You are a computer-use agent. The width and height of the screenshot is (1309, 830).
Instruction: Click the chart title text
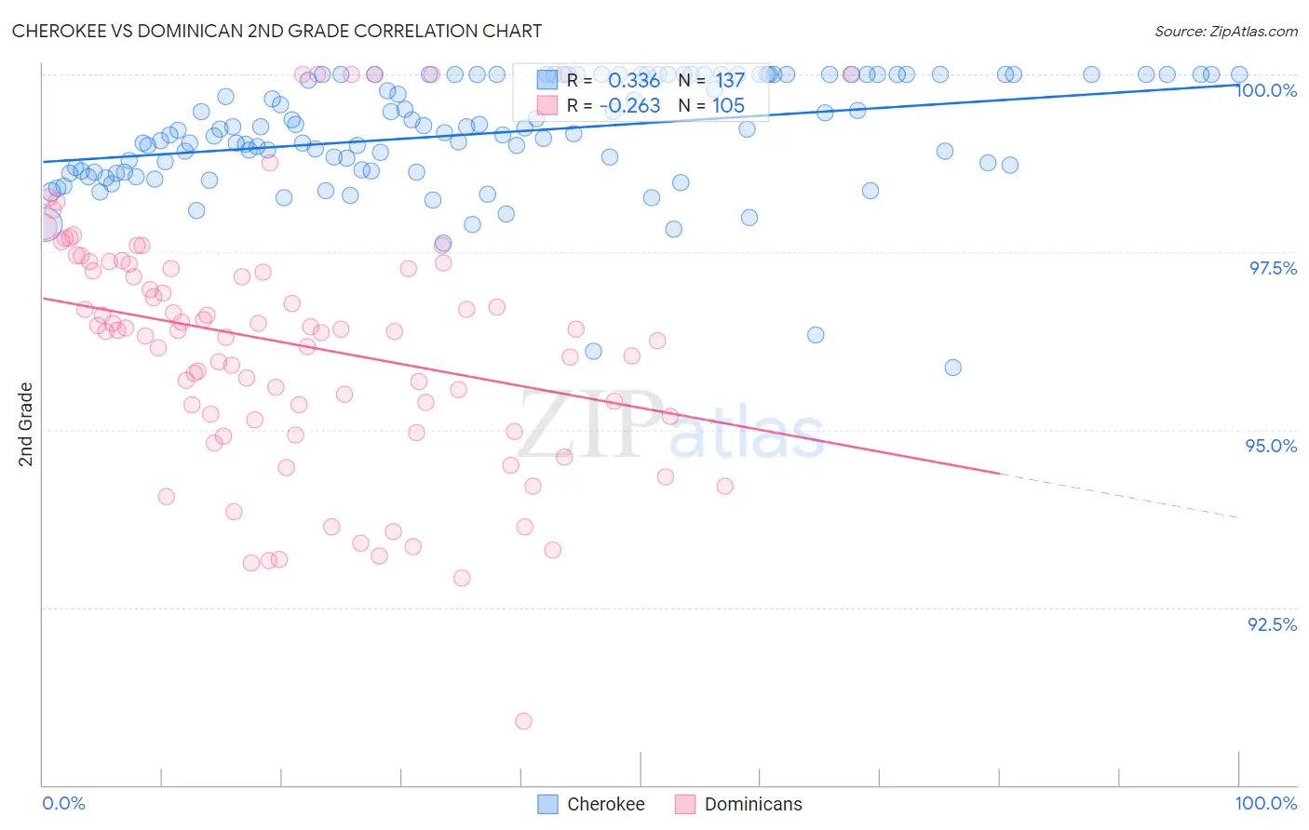click(277, 31)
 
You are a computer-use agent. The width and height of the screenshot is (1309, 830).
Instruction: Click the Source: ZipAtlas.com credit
click(1225, 31)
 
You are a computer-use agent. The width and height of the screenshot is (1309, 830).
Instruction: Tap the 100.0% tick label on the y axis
click(1266, 90)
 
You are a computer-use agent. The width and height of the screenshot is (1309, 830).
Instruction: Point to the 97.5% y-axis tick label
click(1273, 268)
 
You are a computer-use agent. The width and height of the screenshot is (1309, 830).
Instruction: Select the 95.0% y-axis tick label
click(1271, 446)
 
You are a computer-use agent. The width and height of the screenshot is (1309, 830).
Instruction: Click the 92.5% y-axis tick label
click(1272, 624)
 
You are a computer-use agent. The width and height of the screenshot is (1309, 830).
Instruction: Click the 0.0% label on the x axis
click(63, 803)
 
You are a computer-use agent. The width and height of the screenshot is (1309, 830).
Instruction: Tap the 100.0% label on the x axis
click(1265, 803)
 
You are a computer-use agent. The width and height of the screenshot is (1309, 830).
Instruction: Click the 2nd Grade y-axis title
click(26, 424)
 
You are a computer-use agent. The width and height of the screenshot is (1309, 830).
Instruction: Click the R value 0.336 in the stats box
click(634, 81)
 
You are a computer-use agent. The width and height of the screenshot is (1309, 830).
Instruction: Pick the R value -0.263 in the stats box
click(630, 106)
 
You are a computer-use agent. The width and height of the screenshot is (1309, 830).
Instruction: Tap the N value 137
click(730, 81)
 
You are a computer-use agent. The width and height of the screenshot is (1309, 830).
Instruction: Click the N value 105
click(728, 106)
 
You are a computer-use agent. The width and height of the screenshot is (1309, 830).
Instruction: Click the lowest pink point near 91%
click(523, 721)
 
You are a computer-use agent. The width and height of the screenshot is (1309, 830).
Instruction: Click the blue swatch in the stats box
click(547, 80)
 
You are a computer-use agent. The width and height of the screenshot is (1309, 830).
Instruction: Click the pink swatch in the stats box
click(547, 105)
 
